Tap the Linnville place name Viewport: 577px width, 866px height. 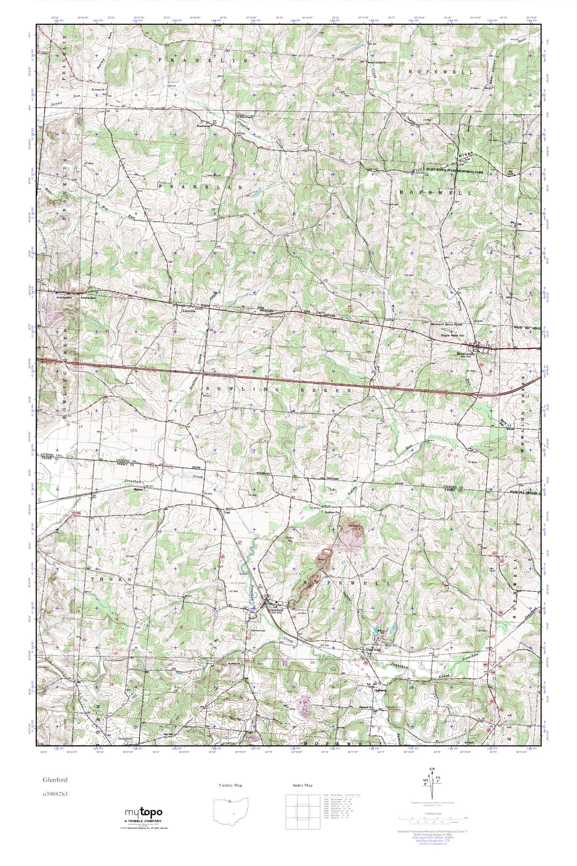pos(186,310)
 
